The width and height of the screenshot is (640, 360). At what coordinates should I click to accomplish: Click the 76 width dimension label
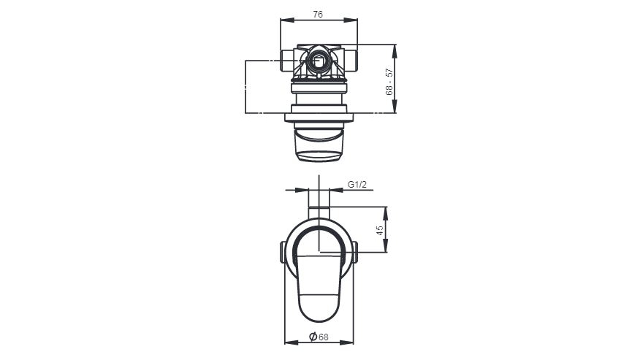318,14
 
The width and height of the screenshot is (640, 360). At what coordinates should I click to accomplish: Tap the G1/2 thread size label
356,185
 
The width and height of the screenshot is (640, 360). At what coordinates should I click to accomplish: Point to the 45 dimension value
380,229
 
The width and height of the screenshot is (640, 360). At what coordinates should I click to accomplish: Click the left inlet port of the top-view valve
286,59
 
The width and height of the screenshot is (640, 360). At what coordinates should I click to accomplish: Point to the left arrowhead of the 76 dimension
284,20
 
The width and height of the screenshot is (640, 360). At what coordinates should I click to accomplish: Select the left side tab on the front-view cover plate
282,252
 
